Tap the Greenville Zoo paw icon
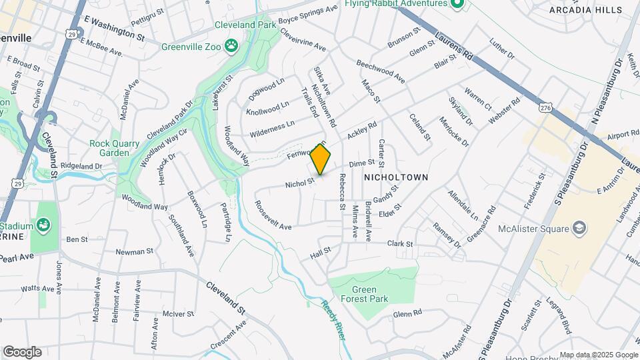point(231,46)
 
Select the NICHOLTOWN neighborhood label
point(395,177)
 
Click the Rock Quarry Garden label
point(109,147)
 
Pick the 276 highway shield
point(547,107)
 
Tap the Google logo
point(22,351)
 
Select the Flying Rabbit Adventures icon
point(457,4)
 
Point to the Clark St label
point(400,244)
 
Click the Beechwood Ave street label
point(381,72)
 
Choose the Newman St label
point(130,252)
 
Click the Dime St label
point(362,163)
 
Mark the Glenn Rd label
point(407,313)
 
